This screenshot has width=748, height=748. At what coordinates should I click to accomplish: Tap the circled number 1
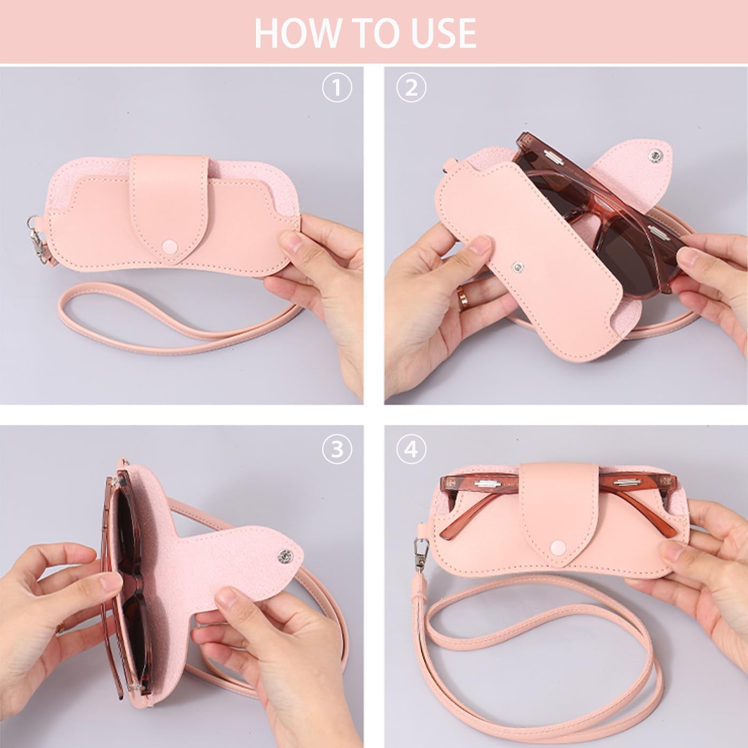coord(337,88)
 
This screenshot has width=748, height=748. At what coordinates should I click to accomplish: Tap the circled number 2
coord(411,88)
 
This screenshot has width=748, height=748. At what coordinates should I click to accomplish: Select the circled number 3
coord(337,449)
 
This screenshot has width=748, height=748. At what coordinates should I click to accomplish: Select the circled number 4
coord(411,449)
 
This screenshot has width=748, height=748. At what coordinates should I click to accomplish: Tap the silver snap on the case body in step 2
coord(518,266)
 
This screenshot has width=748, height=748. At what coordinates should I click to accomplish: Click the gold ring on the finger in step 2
coord(461,292)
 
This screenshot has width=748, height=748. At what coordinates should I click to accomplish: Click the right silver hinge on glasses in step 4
coord(627,483)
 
